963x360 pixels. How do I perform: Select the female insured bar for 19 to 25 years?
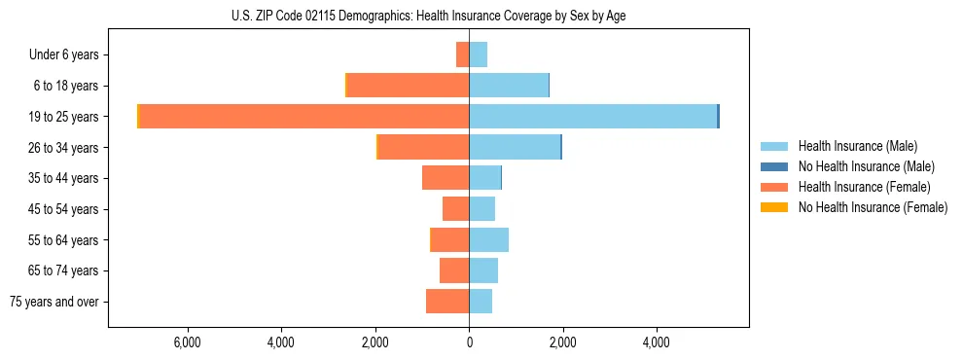coord(303,117)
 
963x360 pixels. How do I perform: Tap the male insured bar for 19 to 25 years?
coord(592,117)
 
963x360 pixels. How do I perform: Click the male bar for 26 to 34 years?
coord(515,147)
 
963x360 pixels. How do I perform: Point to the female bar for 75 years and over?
coord(447,302)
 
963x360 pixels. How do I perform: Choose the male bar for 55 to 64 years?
coord(488,240)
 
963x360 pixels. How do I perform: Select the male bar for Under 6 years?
coord(478,54)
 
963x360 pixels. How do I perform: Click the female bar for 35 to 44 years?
coord(446,178)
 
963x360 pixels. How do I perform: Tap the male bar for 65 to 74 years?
coord(483,270)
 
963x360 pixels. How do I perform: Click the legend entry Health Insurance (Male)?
coord(857,146)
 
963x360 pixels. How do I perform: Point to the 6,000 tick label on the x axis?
coord(187,342)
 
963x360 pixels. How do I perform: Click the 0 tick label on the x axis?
coord(469,342)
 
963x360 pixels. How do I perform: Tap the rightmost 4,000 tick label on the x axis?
coord(656,342)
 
